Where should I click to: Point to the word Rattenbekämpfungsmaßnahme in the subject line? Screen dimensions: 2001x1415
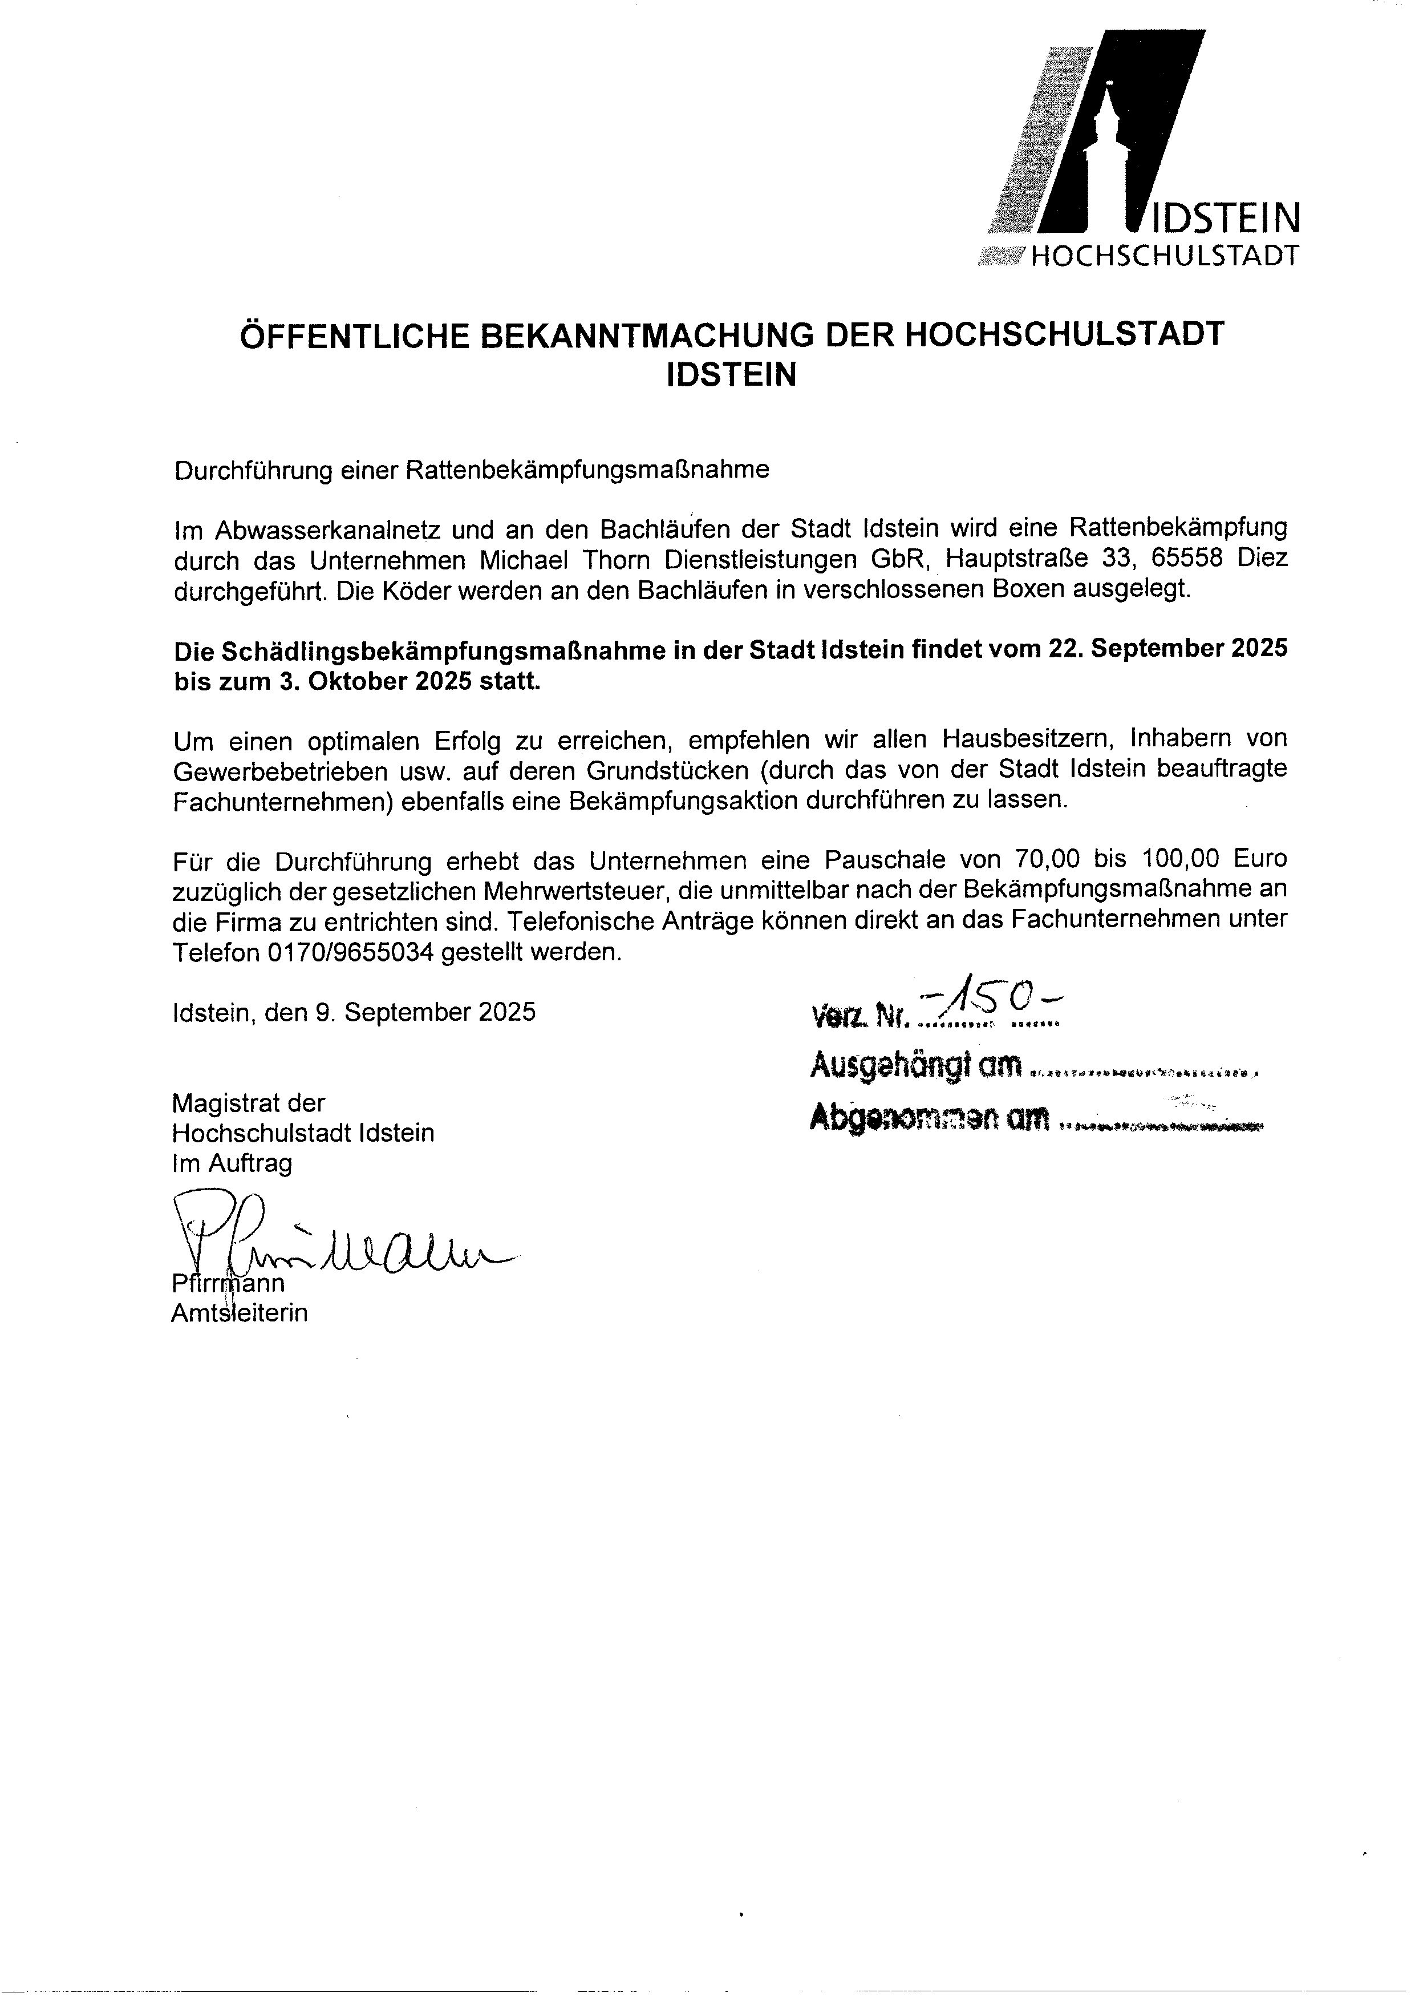588,471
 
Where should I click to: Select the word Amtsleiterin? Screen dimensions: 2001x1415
240,1313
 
